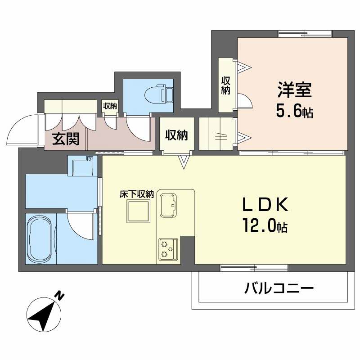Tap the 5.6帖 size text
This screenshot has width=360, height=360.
(295, 112)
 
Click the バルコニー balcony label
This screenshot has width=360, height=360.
(279, 288)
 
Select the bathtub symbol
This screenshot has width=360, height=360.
(40, 238)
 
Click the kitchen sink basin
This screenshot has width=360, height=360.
(169, 205)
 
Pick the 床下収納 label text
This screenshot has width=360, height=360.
(137, 194)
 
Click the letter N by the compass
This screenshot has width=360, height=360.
(59, 296)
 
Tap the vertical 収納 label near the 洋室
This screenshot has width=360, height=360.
(225, 85)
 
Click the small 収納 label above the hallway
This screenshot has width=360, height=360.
(110, 106)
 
